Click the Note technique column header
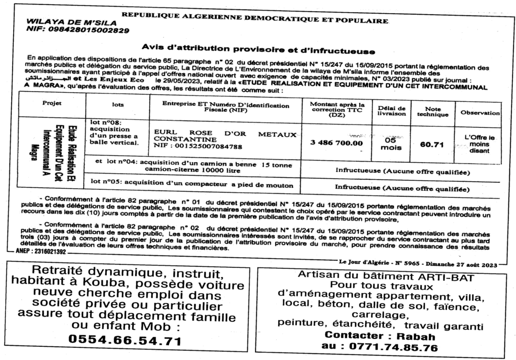[432, 111]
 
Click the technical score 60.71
[432, 145]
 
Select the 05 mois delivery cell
[391, 143]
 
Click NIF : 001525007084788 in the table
[198, 147]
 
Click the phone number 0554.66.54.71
[124, 341]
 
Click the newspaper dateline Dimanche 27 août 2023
[462, 264]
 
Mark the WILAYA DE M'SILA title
[71, 23]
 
